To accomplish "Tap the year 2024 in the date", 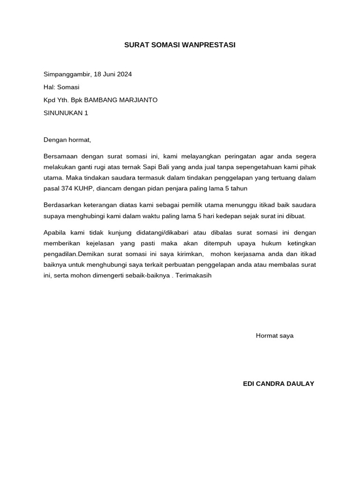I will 124,74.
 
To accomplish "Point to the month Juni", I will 109,74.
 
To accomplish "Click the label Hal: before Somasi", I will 50,87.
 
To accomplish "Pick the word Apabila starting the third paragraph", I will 55,232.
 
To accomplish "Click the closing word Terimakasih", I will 194,275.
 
